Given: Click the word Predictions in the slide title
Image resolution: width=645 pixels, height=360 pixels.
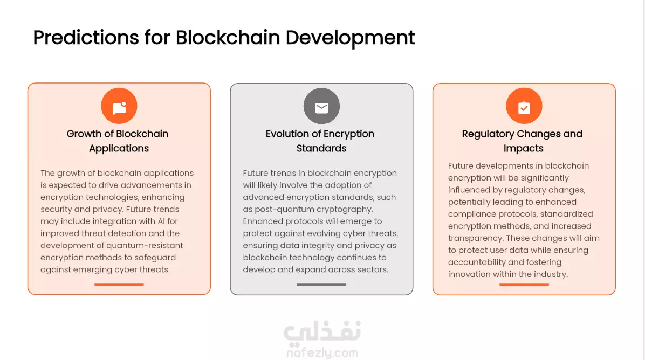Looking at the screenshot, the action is (x=86, y=38).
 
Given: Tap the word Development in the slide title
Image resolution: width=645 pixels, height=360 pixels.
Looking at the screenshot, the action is (x=350, y=38).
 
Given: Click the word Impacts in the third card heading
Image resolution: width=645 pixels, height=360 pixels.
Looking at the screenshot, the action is (x=523, y=148).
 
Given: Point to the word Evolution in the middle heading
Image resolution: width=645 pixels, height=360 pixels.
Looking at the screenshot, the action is (x=287, y=134).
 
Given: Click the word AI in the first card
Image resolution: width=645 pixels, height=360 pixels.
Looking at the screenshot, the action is (x=161, y=221).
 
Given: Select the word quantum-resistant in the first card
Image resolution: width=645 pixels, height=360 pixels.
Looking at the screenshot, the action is (x=145, y=245).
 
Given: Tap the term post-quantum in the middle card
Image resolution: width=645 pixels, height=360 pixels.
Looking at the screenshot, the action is (x=278, y=209).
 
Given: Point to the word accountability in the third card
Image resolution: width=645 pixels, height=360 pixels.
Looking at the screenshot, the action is (x=476, y=262).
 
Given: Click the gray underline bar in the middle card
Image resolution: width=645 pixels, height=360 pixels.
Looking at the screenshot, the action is (x=321, y=285).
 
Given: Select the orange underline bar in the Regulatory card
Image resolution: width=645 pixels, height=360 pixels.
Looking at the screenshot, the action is (x=524, y=285).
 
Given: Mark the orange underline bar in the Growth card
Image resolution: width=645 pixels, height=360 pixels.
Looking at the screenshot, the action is (x=119, y=285).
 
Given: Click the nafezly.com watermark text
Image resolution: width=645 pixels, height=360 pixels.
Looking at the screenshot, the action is (x=322, y=353).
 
